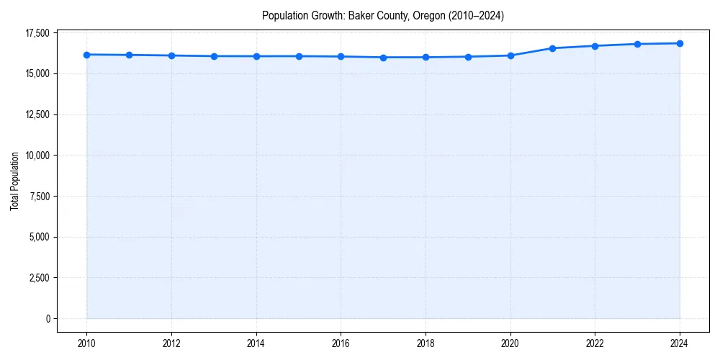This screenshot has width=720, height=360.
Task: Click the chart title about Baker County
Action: pos(382,15)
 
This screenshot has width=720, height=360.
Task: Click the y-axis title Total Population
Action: pos(14,181)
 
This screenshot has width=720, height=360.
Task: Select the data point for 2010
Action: pos(86,55)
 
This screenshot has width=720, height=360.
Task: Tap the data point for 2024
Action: pos(680,43)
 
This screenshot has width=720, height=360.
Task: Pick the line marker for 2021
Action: pos(552,48)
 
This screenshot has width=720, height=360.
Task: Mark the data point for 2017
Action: pos(383,58)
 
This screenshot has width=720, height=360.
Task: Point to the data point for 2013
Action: pos(214,56)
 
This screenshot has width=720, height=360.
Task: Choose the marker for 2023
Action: pos(637,44)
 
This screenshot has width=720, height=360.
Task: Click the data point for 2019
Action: pos(468,57)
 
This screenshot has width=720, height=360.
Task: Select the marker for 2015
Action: pos(298,56)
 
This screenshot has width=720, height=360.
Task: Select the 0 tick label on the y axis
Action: pos(47,318)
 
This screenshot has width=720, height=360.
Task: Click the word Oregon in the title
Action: pos(431,15)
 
